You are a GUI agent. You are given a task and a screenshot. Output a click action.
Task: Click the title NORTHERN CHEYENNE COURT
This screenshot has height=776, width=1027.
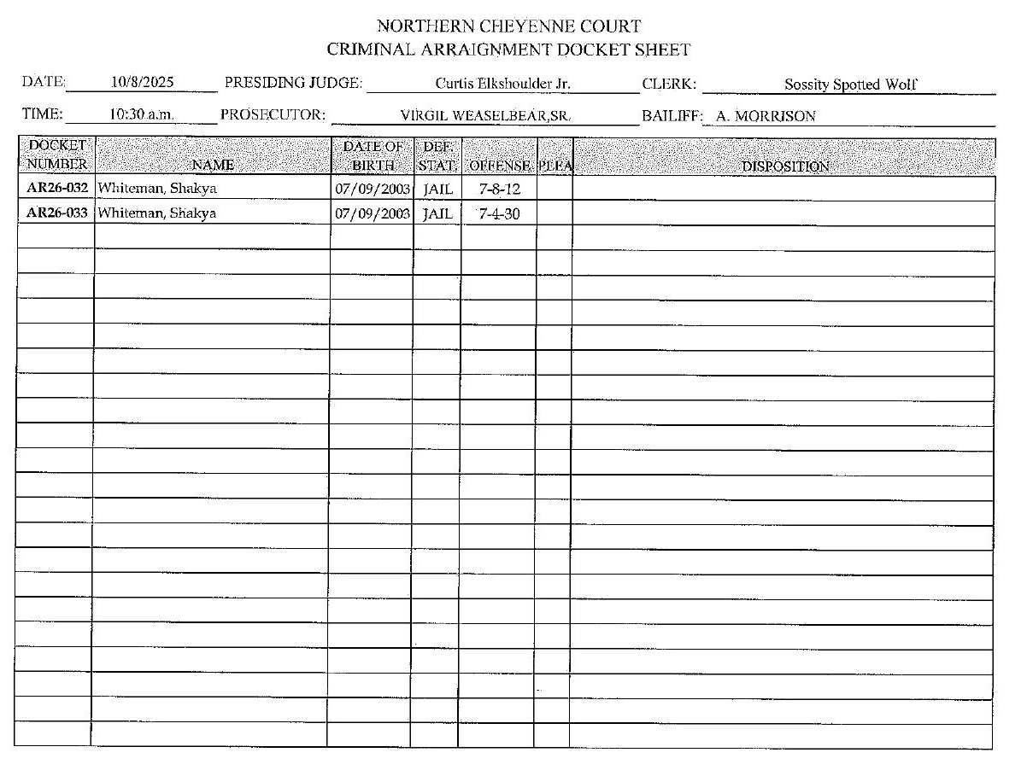508,26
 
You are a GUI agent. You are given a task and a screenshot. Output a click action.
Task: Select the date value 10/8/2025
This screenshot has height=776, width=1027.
143,83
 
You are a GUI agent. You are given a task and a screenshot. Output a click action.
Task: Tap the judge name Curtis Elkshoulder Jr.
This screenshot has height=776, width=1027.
502,84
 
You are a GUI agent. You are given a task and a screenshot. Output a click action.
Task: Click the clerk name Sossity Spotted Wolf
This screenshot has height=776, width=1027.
850,85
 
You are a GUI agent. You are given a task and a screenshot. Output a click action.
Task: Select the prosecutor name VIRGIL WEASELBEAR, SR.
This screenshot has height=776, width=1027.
485,115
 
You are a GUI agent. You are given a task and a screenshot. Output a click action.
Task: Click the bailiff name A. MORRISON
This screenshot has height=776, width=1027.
765,116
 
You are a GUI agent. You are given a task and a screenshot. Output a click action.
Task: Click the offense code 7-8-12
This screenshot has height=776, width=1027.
500,189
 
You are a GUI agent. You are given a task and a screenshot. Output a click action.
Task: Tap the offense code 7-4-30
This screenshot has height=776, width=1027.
500,214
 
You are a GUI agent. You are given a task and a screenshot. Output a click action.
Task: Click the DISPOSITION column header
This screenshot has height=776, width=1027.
784,166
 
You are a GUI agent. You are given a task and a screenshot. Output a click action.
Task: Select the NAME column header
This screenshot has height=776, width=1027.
213,166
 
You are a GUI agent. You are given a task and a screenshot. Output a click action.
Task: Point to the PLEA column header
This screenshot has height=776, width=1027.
555,166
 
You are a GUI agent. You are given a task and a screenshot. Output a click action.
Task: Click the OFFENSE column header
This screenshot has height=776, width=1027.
501,166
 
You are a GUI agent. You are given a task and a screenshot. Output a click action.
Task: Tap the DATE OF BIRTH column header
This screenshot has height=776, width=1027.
373,156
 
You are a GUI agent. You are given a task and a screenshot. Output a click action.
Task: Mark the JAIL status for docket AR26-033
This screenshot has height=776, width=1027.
437,214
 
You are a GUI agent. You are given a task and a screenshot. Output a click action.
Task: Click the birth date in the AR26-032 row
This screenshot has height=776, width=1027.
373,189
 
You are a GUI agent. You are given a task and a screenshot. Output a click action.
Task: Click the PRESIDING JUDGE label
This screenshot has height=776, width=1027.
293,83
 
